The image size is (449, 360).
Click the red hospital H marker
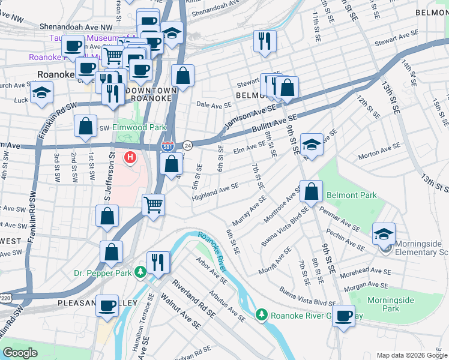coord(129,158)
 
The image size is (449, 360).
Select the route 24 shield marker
coord(188,146)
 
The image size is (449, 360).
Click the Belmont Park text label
coord(351,195)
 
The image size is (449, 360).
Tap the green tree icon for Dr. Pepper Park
coord(140,272)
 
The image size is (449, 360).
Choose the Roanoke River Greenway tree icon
coord(261,314)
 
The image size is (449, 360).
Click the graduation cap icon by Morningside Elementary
coord(384,233)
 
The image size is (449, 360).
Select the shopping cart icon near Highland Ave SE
coord(154,204)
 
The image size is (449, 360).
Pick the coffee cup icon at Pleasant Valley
coord(107,305)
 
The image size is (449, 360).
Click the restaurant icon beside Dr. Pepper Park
coord(158,262)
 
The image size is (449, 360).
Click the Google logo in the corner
coord(20,353)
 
